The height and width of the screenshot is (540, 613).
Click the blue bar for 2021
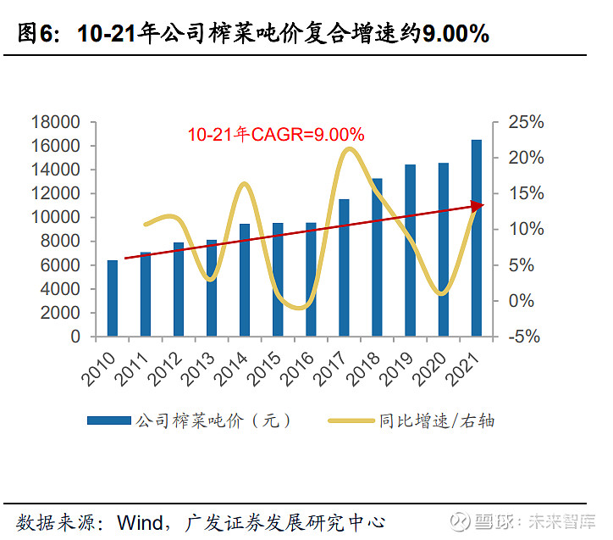point(476,238)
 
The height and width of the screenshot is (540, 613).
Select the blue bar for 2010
point(113,298)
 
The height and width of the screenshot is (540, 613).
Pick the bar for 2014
point(245,280)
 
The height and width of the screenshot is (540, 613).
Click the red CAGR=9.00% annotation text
point(276,134)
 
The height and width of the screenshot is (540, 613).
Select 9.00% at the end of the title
point(455,33)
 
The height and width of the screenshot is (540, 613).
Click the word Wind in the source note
point(140,520)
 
